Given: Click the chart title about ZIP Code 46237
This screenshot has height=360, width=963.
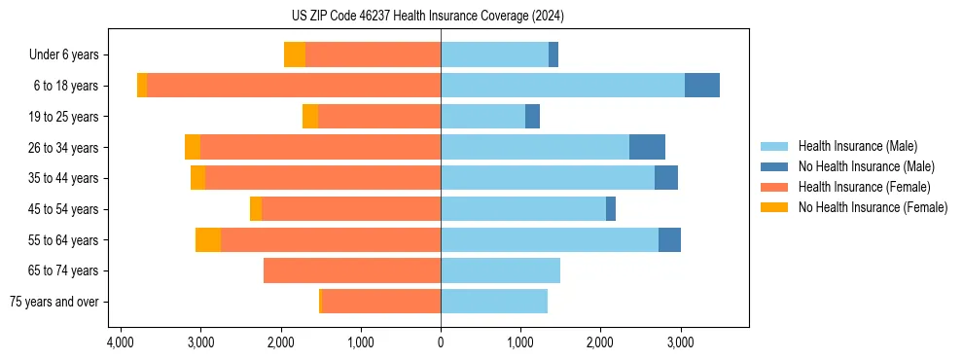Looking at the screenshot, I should point(441,17).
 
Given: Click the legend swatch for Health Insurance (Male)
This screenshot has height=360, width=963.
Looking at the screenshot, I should point(775,146).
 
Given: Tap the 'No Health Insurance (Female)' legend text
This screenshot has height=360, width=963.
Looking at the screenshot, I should point(873,207).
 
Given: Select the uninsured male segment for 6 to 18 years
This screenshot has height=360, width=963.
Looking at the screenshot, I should point(702,86).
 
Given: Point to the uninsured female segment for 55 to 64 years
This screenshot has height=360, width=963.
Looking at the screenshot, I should point(208,240).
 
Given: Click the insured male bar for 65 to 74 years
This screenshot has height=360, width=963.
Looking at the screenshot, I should point(500,270).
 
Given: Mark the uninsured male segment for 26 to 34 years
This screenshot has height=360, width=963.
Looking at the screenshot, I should point(647,147).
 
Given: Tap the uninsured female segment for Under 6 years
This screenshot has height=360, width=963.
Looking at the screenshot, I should point(295,54).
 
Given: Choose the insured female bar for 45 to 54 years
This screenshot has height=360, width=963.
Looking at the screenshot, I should point(351,209).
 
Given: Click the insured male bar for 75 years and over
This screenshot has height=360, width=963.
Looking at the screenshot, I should point(494,302).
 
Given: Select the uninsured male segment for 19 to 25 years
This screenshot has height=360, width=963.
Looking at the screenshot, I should point(533,117).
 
